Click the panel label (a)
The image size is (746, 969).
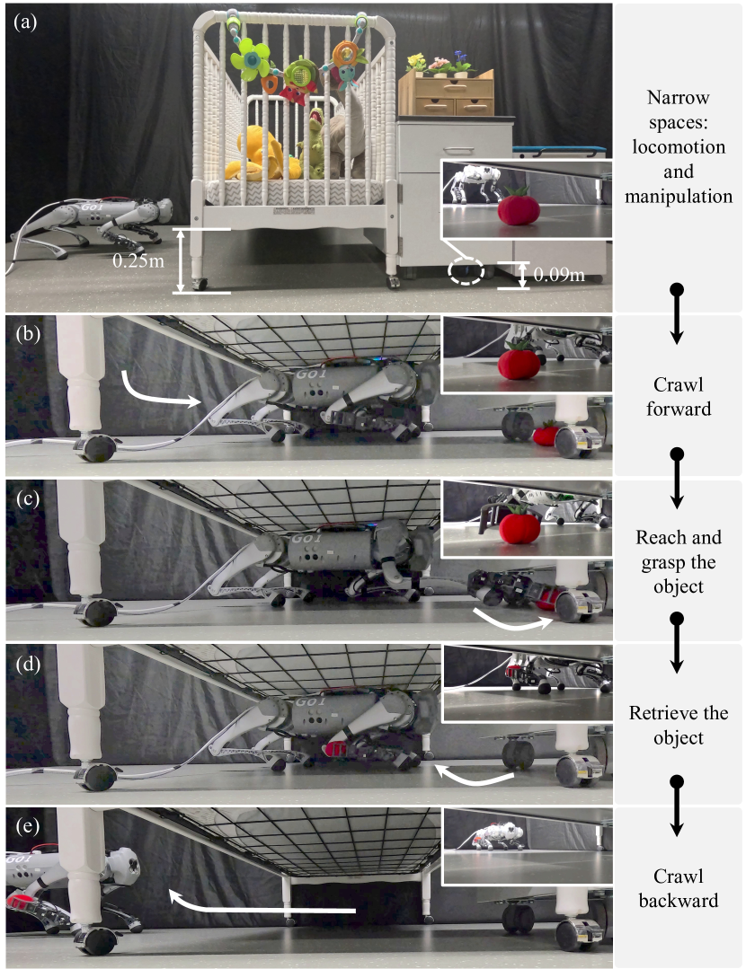(25, 22)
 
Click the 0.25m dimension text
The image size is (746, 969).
(138, 260)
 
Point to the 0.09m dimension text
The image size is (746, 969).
(559, 275)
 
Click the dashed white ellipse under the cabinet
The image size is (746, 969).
(466, 271)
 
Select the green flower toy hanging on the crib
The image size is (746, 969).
(251, 58)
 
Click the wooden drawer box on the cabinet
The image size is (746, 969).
(446, 93)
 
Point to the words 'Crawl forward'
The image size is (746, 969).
(679, 396)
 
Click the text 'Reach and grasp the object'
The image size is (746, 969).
(679, 561)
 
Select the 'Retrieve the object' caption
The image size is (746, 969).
(679, 725)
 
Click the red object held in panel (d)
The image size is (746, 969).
(334, 749)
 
